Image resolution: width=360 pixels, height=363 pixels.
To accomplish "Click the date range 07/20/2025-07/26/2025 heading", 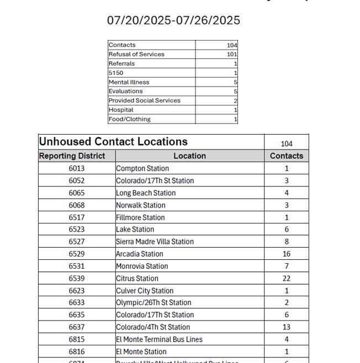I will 173,20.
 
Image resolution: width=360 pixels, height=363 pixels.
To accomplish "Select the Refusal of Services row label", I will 136,54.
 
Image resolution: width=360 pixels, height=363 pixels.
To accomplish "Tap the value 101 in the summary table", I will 232,55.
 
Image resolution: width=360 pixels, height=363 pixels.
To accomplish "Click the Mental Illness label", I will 129,82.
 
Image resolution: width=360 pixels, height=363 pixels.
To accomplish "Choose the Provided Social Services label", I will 144,100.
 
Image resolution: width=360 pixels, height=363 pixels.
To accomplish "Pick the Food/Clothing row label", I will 129,119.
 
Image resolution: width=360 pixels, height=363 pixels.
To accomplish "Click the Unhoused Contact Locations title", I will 113,142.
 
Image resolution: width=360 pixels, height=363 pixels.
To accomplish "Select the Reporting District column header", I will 72,156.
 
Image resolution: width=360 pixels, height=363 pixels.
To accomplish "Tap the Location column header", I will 189,156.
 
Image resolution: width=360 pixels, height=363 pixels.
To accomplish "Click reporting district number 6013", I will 77,169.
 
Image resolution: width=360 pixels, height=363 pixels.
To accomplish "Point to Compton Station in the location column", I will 142,169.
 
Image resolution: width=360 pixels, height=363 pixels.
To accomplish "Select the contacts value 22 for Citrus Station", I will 287,279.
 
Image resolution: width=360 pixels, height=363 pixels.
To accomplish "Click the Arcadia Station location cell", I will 140,254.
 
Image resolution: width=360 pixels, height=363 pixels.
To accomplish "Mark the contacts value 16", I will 287,254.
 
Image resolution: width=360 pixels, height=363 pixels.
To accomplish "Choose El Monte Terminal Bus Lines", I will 159,340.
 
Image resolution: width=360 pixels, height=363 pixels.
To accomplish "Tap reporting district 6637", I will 77,327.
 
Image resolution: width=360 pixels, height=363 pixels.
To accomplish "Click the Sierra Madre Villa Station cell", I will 155,242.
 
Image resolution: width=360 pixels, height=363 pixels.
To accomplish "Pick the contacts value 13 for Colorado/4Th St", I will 287,327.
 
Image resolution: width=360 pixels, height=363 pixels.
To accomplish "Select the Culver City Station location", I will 145,291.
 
